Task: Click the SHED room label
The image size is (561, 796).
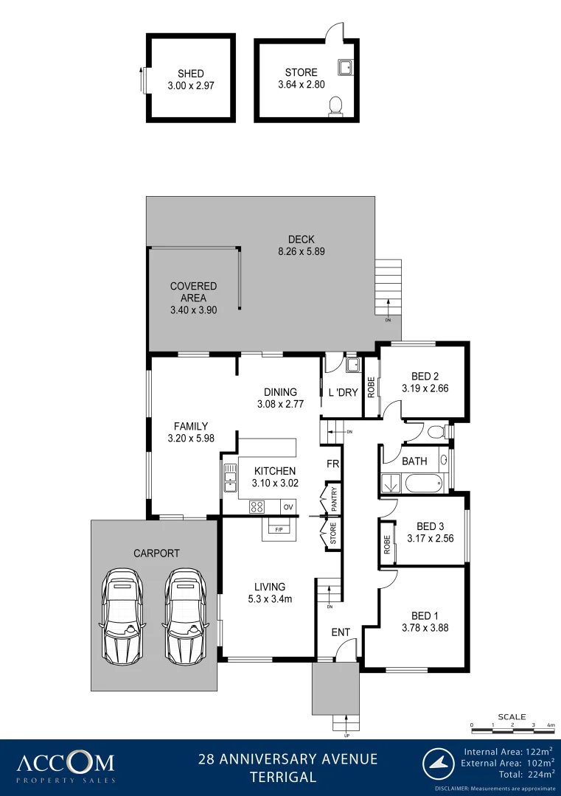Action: (190, 74)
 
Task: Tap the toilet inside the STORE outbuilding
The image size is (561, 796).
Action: (336, 107)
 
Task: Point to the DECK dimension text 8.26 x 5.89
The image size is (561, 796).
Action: (301, 251)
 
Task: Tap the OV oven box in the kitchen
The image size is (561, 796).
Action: (288, 506)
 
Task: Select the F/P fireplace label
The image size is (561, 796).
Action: (279, 529)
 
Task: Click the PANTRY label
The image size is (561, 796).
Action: (334, 499)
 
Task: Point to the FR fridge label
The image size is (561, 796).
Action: (333, 464)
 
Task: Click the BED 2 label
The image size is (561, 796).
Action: (425, 375)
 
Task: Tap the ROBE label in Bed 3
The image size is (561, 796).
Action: (386, 544)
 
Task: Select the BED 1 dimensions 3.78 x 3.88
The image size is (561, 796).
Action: (425, 629)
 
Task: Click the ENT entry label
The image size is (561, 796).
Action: (341, 632)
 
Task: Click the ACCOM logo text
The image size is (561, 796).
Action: (66, 761)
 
